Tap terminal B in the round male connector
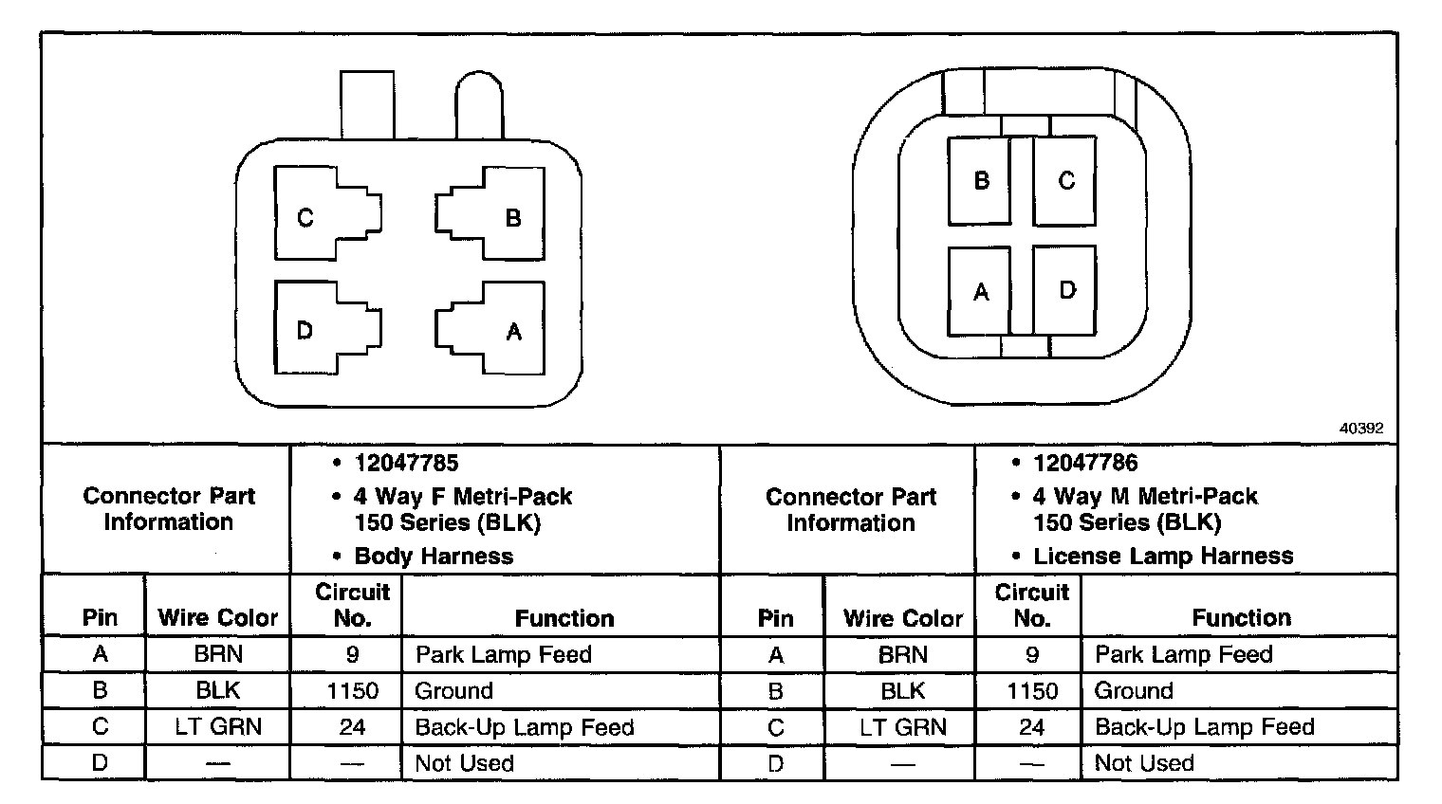(x=980, y=180)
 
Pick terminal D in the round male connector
(x=1065, y=290)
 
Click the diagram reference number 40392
(x=1360, y=428)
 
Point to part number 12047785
(x=406, y=463)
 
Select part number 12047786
(x=1085, y=463)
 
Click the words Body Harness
(x=434, y=557)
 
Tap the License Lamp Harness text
(x=1163, y=556)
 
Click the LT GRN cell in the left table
(x=218, y=727)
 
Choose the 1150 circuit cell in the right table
(x=1031, y=690)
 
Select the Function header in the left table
(x=564, y=618)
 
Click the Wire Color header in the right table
(x=902, y=618)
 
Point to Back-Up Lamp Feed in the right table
(x=1204, y=727)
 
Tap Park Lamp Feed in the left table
(x=503, y=654)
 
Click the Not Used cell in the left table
(x=464, y=763)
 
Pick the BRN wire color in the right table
(x=902, y=654)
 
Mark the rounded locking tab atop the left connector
(x=479, y=104)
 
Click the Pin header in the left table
(x=100, y=618)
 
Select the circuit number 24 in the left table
(x=352, y=727)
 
